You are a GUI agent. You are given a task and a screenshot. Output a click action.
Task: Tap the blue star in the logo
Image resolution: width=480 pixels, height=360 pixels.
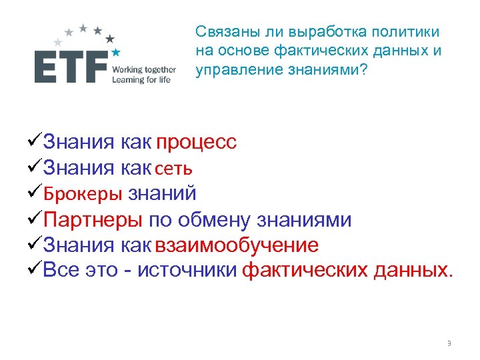coord(116,52)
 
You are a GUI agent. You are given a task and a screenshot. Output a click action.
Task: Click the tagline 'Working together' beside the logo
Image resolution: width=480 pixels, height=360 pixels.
coord(144,69)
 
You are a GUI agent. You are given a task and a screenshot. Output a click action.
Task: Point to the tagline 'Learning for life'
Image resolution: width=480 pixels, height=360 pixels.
coord(141,80)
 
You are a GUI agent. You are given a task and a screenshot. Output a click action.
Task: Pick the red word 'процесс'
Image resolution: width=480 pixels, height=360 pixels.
coord(196,143)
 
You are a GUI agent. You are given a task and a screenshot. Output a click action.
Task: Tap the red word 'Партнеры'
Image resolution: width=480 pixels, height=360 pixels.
coord(93,220)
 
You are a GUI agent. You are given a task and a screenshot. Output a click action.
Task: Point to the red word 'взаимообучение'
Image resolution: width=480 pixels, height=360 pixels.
coord(236,245)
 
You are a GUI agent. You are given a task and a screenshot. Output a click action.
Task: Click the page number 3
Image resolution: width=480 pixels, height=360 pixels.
coord(449,344)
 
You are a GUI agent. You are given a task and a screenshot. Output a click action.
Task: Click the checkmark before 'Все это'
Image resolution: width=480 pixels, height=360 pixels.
coord(32,270)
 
